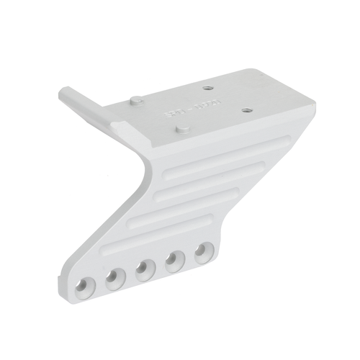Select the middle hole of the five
pos(143,269)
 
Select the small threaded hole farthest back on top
pos(208,89)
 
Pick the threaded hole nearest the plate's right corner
pos(246,109)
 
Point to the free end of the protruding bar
pos(64,91)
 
